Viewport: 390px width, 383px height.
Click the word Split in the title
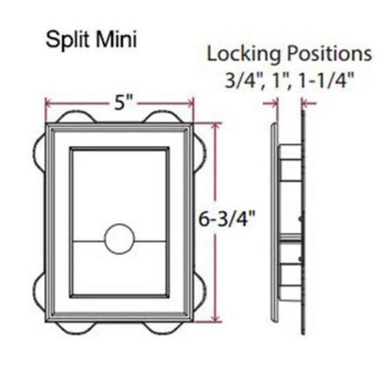[x=69, y=40]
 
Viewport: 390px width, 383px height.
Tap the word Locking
[x=244, y=55]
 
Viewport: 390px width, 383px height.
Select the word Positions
[x=329, y=54]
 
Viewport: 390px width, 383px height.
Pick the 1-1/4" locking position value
[x=326, y=80]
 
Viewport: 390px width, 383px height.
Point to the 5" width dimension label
[x=123, y=103]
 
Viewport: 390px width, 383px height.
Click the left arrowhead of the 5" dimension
[x=48, y=103]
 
